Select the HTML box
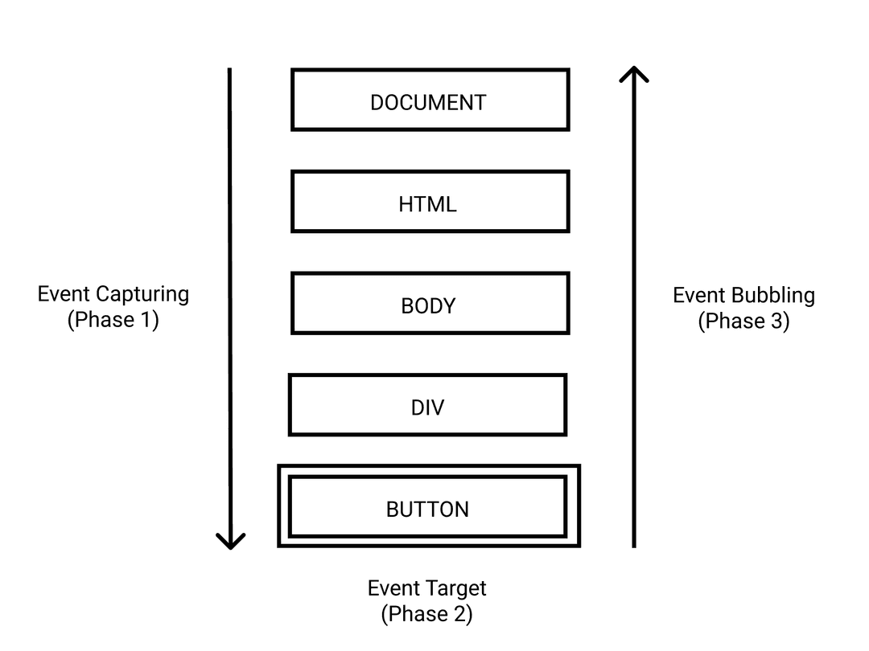point(430,203)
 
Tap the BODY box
point(430,304)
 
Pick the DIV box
point(427,405)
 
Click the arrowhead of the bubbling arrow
point(634,74)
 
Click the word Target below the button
point(459,588)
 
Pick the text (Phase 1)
point(113,320)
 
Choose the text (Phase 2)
point(427,615)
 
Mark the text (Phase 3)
point(743,321)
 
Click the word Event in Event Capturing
point(64,294)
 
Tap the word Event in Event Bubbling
point(699,296)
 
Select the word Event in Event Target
point(394,588)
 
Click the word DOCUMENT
point(428,103)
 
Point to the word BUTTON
point(427,510)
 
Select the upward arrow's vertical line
point(634,321)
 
